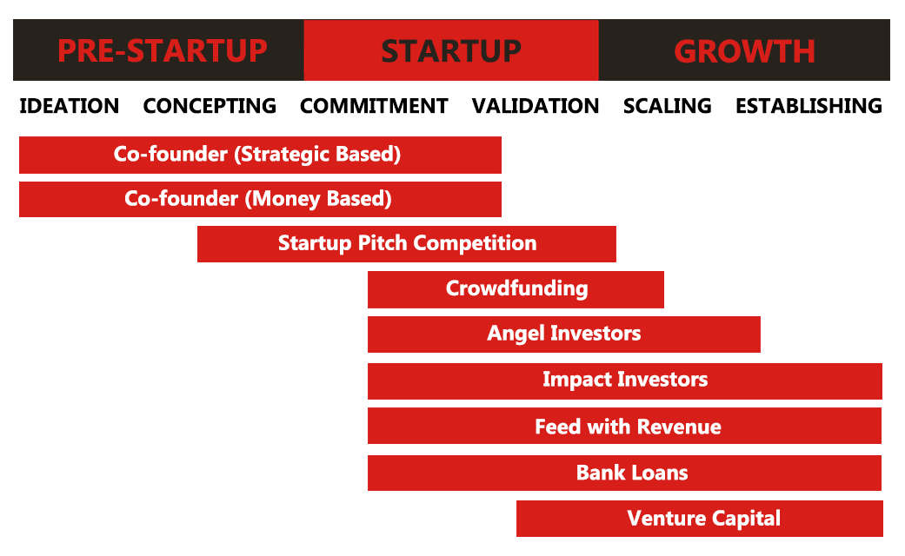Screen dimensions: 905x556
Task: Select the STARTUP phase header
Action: point(451,50)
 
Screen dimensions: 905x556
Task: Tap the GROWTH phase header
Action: point(744,50)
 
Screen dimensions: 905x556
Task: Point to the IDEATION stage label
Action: point(70,106)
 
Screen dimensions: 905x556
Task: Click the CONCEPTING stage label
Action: point(210,106)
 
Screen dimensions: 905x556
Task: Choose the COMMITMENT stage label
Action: point(374,106)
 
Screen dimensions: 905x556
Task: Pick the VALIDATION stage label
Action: point(536,106)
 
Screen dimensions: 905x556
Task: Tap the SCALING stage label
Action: point(667,106)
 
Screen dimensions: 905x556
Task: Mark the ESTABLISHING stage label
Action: point(809,106)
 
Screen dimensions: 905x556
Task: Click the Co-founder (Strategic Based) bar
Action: point(260,155)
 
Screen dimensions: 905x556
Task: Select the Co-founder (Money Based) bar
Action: point(260,200)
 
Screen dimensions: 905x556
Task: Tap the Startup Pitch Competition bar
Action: point(407,244)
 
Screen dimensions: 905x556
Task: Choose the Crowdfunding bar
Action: point(516,289)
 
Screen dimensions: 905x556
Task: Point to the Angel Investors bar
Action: point(564,334)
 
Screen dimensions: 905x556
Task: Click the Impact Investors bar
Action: point(625,381)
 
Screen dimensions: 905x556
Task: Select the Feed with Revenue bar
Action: point(624,426)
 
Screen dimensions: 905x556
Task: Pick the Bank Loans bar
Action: point(624,473)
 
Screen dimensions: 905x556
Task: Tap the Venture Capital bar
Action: point(700,519)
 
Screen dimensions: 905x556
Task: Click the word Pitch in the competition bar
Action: point(383,243)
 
